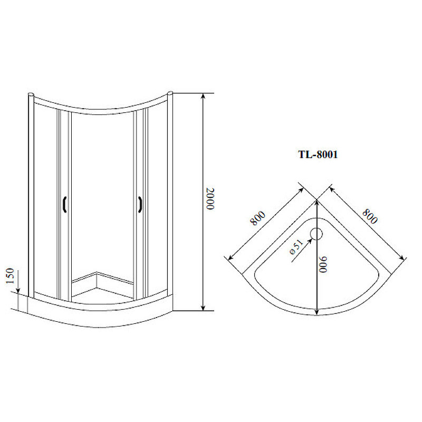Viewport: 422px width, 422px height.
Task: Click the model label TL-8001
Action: click(318, 155)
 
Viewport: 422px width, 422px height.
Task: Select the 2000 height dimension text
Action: click(210, 199)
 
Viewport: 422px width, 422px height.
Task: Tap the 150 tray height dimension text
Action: click(9, 275)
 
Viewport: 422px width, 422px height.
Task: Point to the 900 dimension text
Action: click(323, 265)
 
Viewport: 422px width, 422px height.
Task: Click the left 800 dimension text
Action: click(257, 218)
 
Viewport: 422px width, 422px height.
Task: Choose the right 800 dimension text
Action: click(370, 216)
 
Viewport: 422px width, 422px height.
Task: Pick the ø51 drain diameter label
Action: click(296, 247)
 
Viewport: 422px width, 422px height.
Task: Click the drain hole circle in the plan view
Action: click(316, 234)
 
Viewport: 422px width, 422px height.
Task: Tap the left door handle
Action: click(64, 205)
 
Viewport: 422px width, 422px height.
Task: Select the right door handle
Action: click(140, 205)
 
